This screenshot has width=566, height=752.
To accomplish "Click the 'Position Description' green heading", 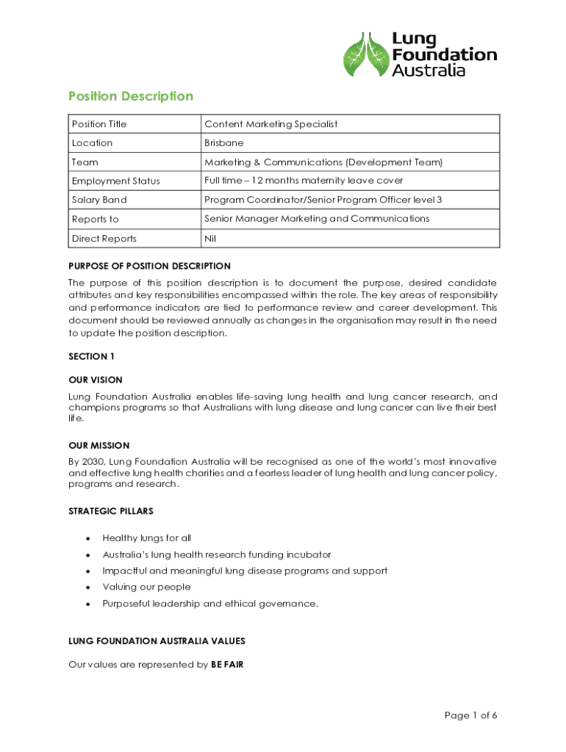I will [x=130, y=96].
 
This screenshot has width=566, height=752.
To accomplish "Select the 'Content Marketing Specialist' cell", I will [x=271, y=124].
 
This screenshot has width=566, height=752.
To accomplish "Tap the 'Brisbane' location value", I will [x=223, y=143].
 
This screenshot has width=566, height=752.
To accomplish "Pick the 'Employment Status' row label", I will [x=115, y=181].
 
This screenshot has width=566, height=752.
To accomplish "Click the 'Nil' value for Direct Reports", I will [x=210, y=239].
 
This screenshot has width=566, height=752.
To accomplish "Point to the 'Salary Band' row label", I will [x=99, y=200].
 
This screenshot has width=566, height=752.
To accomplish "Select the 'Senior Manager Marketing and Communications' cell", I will [x=317, y=219].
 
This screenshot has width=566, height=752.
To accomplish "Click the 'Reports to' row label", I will [x=95, y=220].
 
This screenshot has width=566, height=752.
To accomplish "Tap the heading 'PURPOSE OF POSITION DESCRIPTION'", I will [x=149, y=266].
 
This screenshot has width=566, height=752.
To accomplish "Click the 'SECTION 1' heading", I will [x=92, y=356].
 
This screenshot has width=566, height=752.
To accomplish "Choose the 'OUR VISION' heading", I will [x=96, y=380].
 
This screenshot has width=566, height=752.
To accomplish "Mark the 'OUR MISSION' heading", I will [x=98, y=446].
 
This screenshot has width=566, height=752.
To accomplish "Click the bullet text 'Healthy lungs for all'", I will [x=146, y=538].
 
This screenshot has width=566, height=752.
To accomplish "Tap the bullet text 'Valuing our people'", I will [x=146, y=587].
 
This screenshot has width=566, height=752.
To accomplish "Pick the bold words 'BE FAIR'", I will [x=227, y=665].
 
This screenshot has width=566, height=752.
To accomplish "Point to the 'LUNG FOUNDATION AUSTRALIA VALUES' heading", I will [x=157, y=641].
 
